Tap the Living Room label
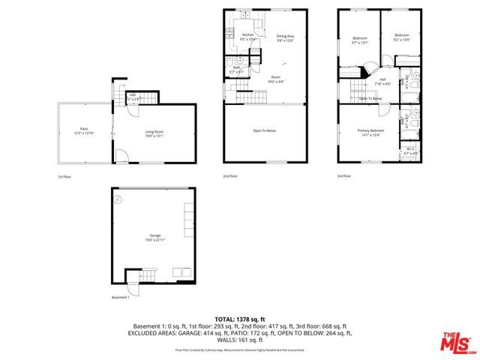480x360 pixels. tap(155, 133)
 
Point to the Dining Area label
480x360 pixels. tap(285, 37)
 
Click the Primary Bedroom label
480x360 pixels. tap(370, 132)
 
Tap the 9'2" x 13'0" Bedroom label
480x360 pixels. tap(402, 37)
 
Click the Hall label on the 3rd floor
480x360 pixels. tap(382, 81)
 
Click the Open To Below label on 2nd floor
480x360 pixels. tap(265, 130)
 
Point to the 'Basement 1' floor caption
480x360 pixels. tap(121, 298)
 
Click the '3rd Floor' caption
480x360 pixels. tap(346, 176)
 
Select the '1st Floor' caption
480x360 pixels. tap(65, 176)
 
